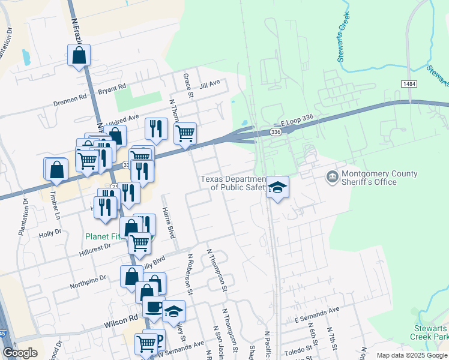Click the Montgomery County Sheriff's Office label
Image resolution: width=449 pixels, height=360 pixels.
(x=379, y=178)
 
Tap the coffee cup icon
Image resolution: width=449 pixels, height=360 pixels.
(x=154, y=307)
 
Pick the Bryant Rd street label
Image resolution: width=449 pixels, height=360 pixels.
(x=113, y=88)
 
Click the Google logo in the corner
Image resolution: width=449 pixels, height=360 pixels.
(x=20, y=353)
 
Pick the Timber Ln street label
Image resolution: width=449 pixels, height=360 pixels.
(x=56, y=204)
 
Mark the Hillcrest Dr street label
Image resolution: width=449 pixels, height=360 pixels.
(x=95, y=250)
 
